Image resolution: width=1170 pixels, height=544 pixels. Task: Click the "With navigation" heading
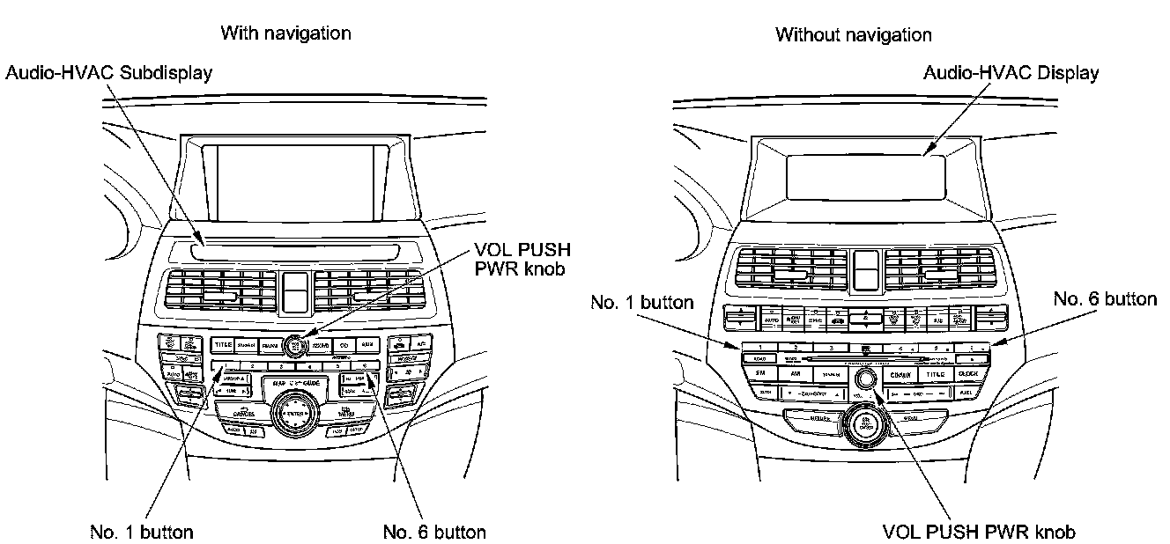285,33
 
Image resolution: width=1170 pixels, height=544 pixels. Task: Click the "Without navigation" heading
853,35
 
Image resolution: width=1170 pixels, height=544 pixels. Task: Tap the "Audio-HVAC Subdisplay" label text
108,73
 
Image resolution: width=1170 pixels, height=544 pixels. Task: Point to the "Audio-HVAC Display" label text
1011,73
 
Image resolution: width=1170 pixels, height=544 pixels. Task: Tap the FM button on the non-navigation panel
761,374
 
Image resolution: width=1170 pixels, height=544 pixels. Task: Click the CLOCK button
966,374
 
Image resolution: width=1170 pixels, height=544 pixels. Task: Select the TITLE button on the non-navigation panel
934,374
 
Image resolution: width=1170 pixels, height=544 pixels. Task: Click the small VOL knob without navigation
865,378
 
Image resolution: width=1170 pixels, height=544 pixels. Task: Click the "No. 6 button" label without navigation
1105,299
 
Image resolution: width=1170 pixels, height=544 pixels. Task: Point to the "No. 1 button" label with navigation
142,532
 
